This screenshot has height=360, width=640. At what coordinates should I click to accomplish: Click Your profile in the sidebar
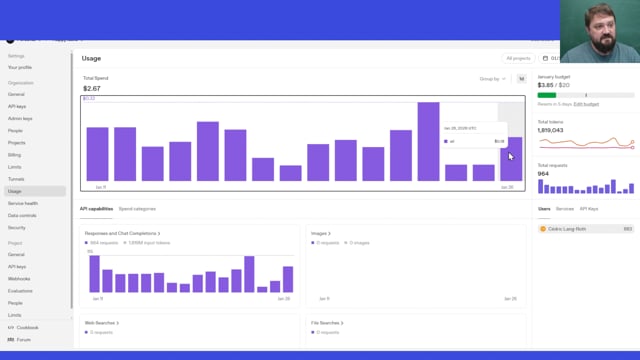20,67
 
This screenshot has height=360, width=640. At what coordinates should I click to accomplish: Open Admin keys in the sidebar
20,118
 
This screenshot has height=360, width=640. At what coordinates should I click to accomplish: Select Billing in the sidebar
14,155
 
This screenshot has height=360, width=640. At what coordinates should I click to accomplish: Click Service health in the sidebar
23,203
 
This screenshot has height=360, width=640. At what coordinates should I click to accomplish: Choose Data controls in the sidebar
22,215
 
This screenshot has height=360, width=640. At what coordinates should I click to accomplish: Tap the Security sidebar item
17,227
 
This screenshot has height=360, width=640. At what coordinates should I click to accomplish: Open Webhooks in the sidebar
19,279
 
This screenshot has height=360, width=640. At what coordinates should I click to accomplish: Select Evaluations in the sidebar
21,291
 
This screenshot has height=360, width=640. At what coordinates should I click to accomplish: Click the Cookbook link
27,327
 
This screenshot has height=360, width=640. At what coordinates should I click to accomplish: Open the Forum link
23,339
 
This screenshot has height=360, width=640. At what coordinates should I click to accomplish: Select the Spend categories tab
137,209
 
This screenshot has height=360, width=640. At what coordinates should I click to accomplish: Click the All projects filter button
518,58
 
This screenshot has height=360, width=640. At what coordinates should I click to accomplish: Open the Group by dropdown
493,78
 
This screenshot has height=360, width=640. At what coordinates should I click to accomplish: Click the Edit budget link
586,104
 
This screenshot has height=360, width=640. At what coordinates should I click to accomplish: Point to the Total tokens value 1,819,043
551,130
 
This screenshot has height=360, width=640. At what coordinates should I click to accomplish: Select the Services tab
565,209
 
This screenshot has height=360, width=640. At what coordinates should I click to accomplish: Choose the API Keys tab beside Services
589,209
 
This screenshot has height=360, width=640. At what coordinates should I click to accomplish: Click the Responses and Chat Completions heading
122,233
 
